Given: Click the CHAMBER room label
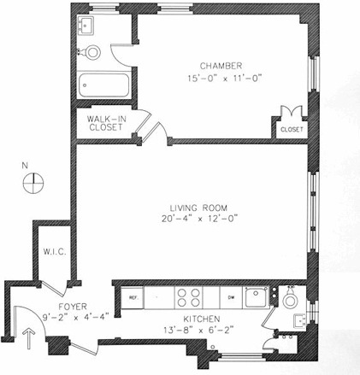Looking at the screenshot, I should click(221, 65).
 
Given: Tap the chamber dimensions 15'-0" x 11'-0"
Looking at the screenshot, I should click(221, 78).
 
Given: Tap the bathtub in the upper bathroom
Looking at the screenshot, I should click(102, 86).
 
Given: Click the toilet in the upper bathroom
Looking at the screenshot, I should click(91, 51).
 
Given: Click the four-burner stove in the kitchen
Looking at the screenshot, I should click(188, 296).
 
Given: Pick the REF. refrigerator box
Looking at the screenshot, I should click(133, 296).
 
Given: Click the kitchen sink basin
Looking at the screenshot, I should click(254, 296).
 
